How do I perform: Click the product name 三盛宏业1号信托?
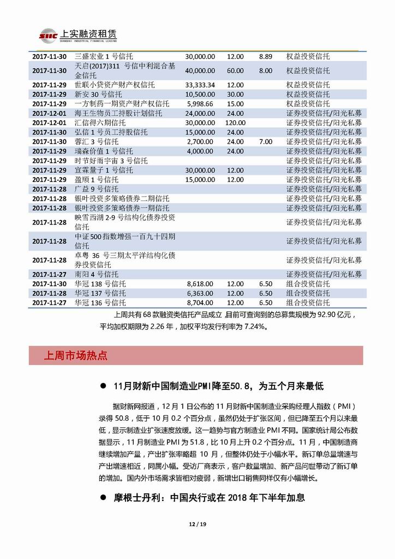coord(104,56)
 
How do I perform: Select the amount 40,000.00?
coord(200,70)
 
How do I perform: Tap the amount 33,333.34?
coord(200,85)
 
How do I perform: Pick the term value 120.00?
coord(235,122)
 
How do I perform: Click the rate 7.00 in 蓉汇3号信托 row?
coord(266,142)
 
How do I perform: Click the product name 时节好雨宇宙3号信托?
coord(111,161)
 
